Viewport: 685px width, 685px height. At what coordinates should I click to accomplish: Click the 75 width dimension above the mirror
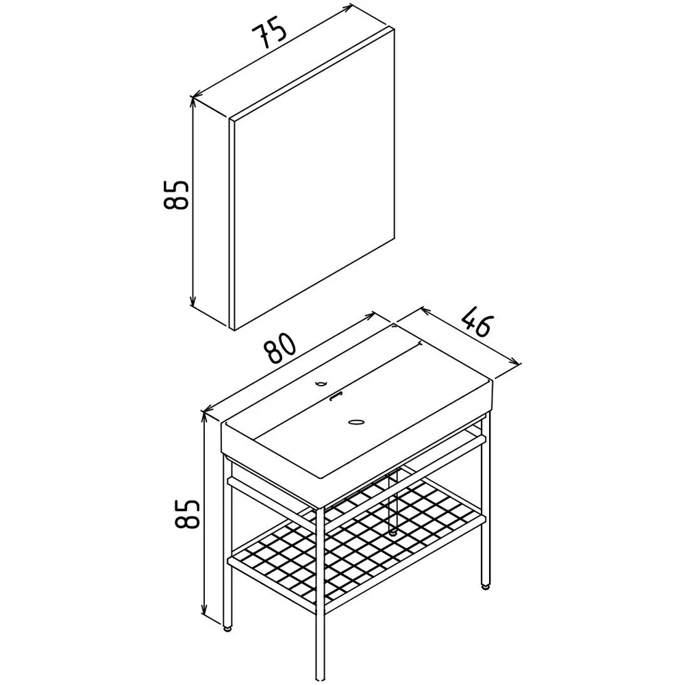click(x=269, y=34)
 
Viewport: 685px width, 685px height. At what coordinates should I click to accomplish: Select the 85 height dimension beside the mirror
click(x=175, y=195)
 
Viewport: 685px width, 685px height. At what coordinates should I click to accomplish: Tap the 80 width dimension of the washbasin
click(x=279, y=348)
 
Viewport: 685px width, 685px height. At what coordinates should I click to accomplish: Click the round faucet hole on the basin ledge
click(x=321, y=384)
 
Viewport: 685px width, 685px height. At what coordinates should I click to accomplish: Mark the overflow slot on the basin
click(x=337, y=396)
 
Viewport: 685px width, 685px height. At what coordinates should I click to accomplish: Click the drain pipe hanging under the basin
click(x=393, y=502)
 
